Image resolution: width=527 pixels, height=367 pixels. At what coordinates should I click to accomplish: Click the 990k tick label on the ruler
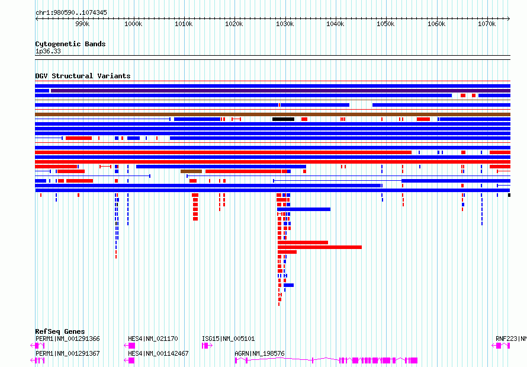point(82,24)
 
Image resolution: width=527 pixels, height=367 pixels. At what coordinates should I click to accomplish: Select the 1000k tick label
point(133,24)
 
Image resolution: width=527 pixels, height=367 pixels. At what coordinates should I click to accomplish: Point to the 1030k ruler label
point(285,24)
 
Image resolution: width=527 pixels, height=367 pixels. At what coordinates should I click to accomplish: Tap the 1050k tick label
point(385,24)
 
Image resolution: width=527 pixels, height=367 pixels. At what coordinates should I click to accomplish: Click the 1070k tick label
point(487,24)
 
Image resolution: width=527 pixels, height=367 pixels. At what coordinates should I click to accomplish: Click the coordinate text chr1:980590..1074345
point(71,13)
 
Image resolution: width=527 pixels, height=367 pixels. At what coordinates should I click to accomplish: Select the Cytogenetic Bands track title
point(70,44)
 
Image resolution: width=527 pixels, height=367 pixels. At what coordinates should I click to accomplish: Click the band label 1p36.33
point(48,51)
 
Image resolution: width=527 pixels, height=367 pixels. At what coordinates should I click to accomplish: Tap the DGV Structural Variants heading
point(83,76)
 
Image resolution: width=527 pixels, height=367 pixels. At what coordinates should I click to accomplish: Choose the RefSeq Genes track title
point(60,331)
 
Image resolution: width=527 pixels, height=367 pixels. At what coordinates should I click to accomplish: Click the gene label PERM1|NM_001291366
point(68,339)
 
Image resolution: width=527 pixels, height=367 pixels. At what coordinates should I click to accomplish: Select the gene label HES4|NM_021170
point(153,339)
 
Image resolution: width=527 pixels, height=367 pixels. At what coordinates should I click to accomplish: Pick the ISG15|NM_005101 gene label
point(228,339)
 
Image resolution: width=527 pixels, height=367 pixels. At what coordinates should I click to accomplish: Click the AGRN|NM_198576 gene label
point(259,353)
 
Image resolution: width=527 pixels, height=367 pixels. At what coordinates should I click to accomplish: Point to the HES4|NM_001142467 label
point(158,353)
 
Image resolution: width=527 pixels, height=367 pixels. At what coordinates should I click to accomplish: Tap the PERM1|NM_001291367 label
point(68,353)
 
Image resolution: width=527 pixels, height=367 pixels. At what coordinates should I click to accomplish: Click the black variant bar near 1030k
point(283,119)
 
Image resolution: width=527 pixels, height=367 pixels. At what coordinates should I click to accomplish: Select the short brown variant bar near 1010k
point(191,171)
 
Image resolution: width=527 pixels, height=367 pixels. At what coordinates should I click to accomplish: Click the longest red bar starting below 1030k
point(320,247)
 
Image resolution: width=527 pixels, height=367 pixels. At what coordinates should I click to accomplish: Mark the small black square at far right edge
point(509,195)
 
